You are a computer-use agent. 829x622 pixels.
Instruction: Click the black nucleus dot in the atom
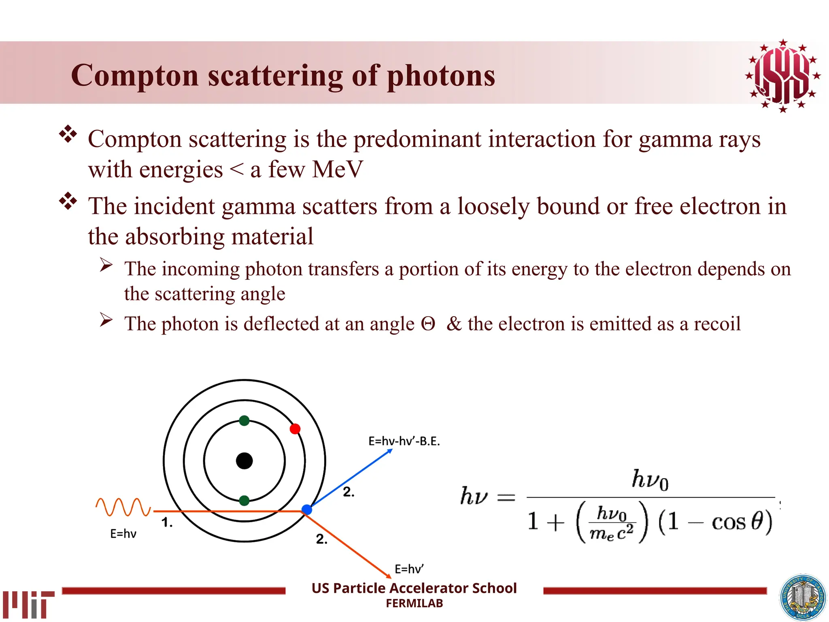244,461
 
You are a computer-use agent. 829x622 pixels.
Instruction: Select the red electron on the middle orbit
295,429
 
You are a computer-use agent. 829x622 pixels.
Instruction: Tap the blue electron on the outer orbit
307,510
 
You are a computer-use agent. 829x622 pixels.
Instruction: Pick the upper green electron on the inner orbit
244,421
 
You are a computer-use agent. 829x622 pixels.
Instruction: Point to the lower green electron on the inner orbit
244,501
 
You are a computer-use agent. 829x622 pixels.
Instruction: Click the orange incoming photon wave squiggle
123,507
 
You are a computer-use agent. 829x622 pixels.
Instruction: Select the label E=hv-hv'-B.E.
404,441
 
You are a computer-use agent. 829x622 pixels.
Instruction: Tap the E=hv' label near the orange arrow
409,569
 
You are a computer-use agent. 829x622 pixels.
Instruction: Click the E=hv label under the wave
123,534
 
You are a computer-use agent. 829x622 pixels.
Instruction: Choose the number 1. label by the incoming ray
167,523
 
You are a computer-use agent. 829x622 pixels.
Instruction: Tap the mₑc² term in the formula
611,533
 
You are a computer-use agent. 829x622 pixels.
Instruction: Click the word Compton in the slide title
135,76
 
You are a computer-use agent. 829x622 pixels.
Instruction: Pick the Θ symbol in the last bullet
428,324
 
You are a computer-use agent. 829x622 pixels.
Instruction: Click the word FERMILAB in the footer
414,603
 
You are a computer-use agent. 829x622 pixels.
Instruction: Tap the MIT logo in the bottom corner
28,604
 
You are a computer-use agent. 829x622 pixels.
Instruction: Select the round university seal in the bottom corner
803,598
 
